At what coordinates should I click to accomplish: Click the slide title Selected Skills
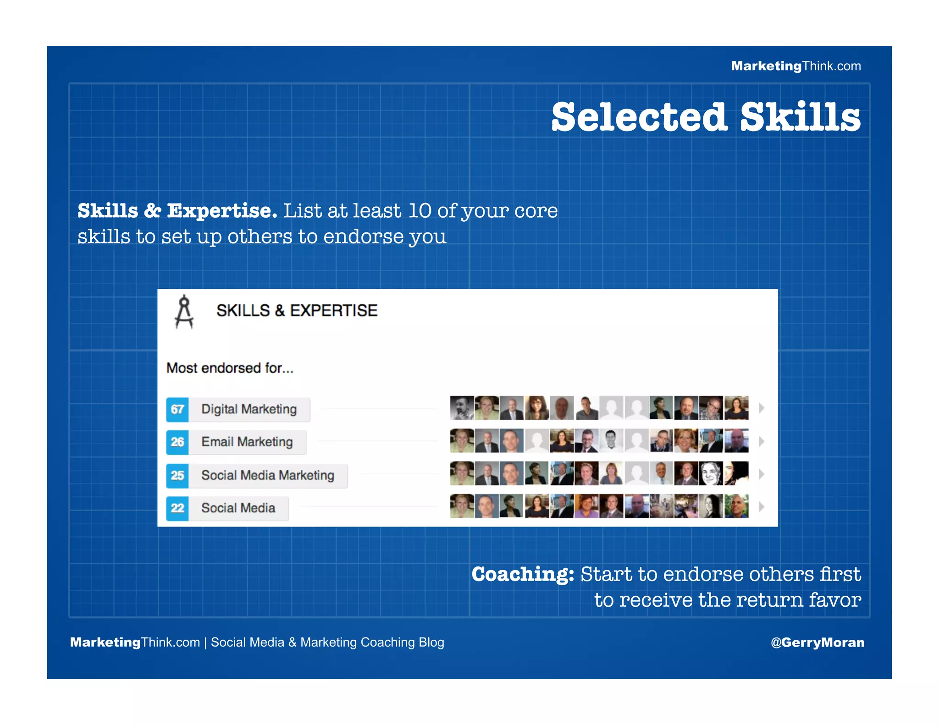coord(706,117)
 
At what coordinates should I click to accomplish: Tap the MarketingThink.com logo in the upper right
coord(795,66)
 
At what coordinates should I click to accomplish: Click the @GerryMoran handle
coord(817,642)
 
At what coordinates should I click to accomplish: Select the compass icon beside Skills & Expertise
coord(184,312)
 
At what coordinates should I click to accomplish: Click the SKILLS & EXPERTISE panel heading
coord(297,311)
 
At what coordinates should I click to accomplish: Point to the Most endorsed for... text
coord(230,368)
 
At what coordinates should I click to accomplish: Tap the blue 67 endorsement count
coord(177,409)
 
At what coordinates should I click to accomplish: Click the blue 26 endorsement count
coord(177,442)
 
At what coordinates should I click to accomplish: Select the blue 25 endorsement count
coord(177,475)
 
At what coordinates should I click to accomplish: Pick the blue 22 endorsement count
coord(177,508)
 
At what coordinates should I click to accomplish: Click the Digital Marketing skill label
coord(249,409)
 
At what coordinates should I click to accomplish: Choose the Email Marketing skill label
coord(247,442)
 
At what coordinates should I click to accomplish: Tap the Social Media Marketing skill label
coord(268,475)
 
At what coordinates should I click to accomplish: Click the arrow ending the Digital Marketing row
coord(762,408)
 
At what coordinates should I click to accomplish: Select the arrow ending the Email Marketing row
coord(762,441)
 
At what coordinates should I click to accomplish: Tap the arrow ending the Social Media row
coord(762,507)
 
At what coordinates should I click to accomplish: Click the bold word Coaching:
coord(523,574)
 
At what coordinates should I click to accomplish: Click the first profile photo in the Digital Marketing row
coord(462,408)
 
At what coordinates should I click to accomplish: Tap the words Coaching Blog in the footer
coord(402,642)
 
